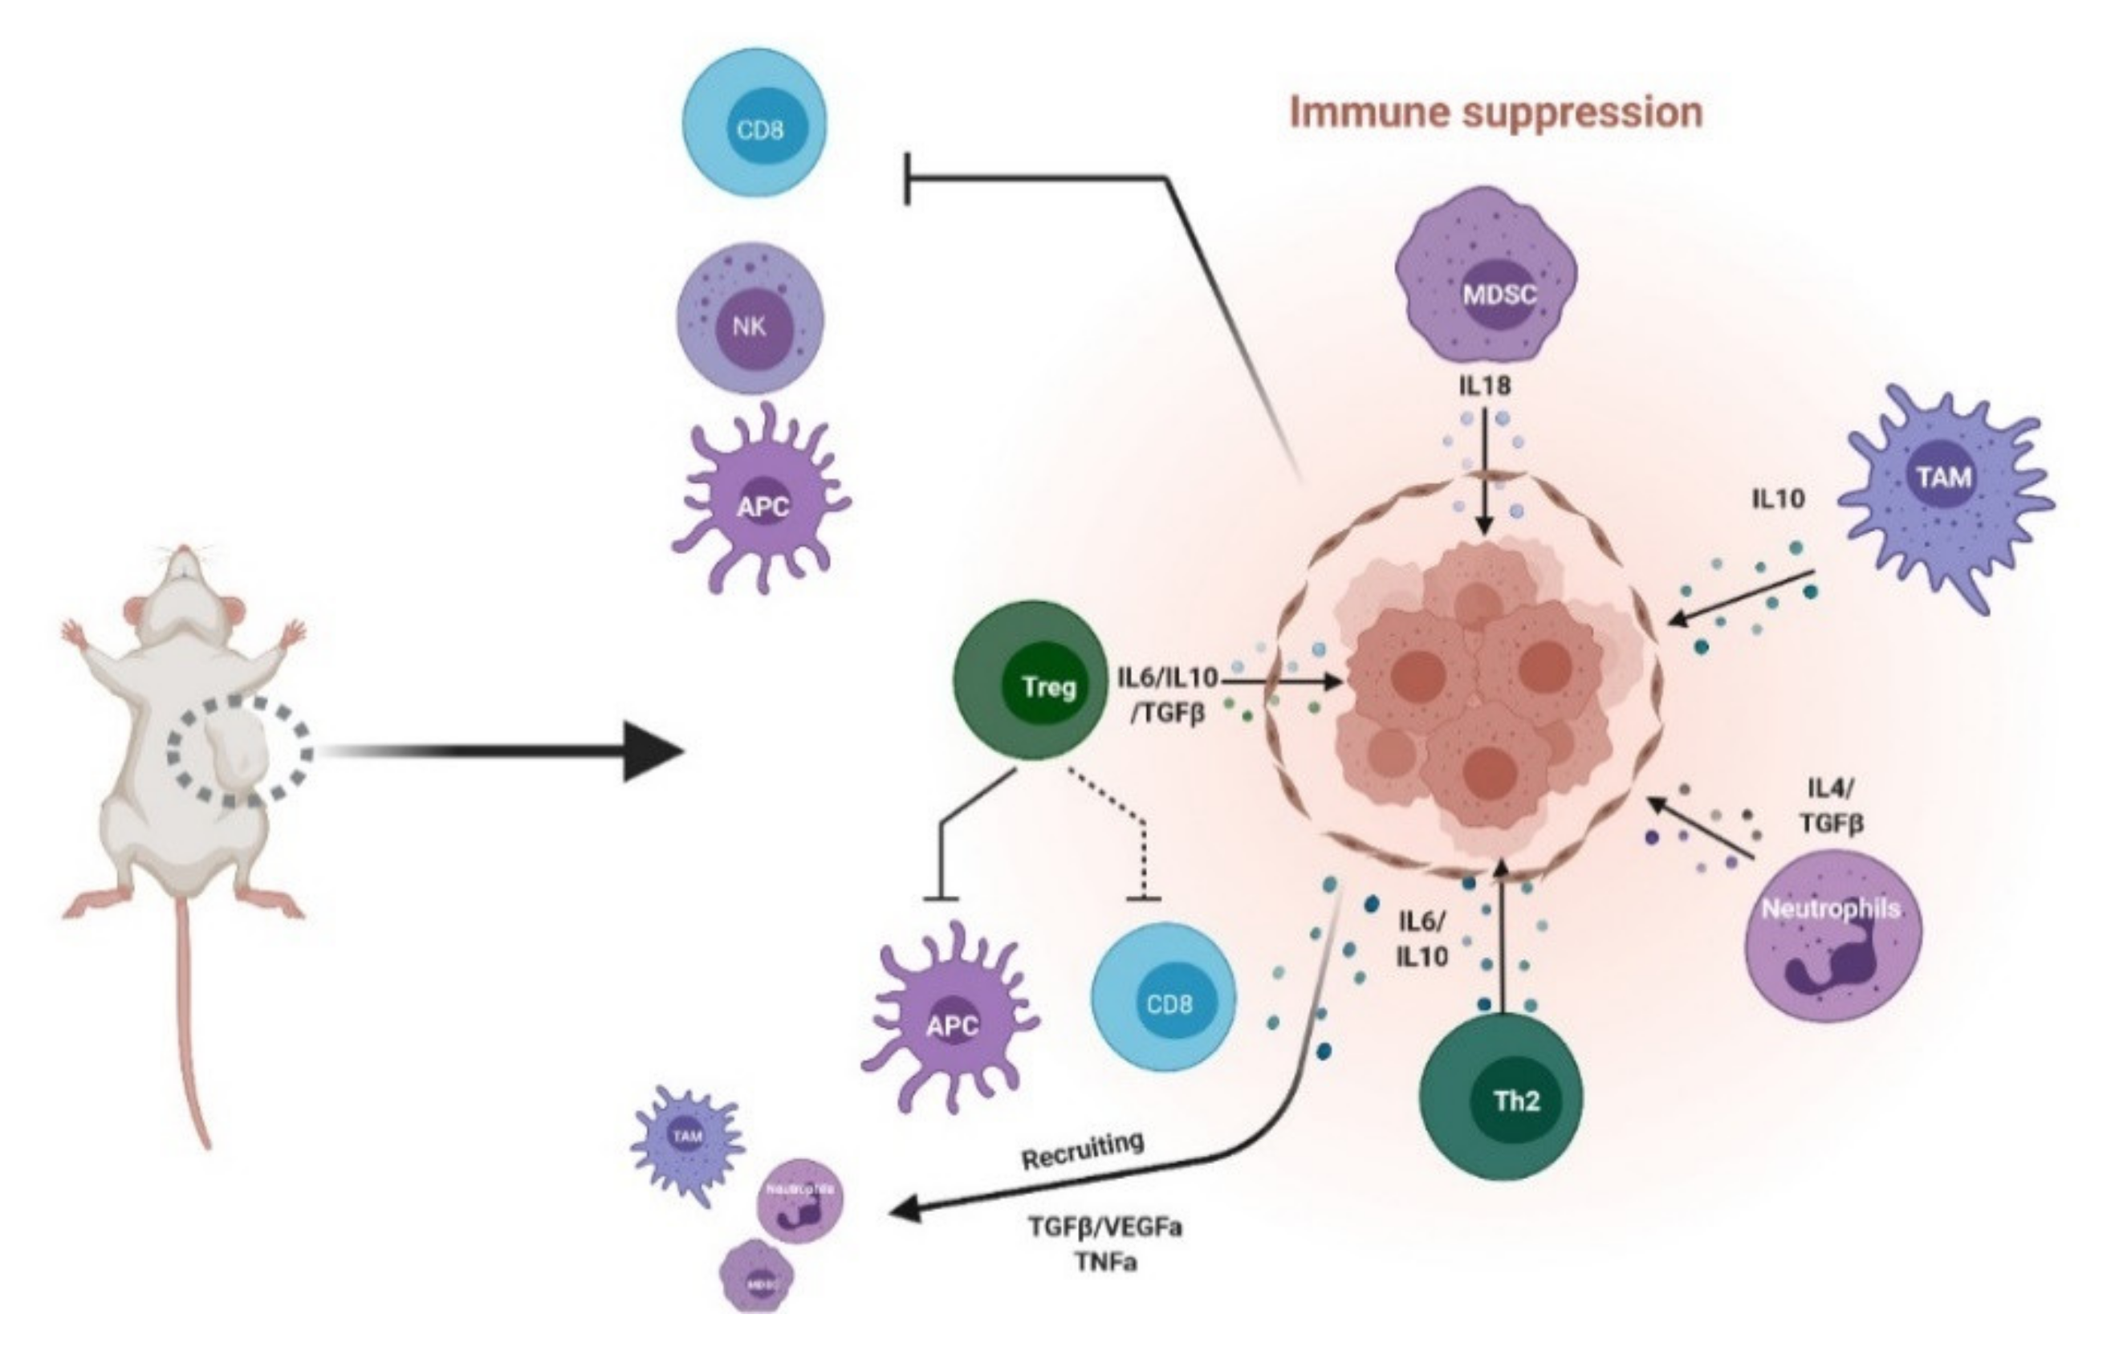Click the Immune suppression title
coord(1495,112)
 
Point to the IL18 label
coord(1486,385)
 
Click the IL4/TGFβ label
coord(1830,805)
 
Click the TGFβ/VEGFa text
coord(1104,1227)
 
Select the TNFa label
coord(1104,1262)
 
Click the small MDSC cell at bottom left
coord(757,1276)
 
